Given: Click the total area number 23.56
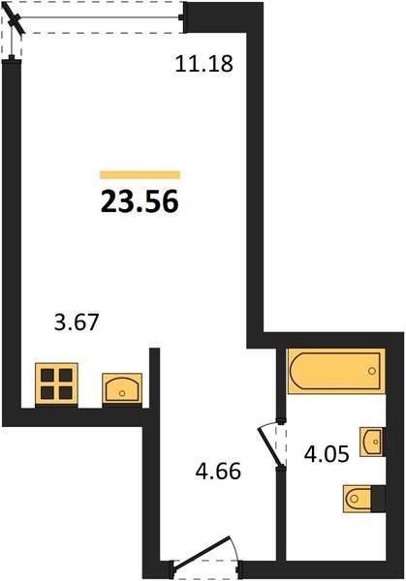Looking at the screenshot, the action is [140, 202].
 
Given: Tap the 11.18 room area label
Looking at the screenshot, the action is [203, 63].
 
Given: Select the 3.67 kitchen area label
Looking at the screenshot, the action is [77, 321].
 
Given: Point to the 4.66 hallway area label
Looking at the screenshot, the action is [218, 471].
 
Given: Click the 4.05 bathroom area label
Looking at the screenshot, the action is [327, 453].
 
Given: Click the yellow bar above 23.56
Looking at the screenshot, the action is [140, 174].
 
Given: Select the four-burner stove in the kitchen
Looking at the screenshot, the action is [56, 383].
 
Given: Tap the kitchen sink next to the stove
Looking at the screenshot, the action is [122, 388].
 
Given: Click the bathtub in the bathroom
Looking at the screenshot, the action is [336, 371].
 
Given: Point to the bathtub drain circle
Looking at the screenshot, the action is [372, 371].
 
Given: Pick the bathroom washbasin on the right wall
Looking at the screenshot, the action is [371, 442].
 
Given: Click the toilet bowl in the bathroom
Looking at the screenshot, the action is [358, 499].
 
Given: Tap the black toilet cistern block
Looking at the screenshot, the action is [378, 499].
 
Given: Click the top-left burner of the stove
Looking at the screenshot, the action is [47, 375].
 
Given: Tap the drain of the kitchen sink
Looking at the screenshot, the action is [122, 393].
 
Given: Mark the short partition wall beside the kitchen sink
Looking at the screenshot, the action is [154, 378].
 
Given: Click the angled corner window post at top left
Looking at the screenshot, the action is [14, 20].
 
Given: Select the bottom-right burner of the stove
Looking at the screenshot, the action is [66, 393].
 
